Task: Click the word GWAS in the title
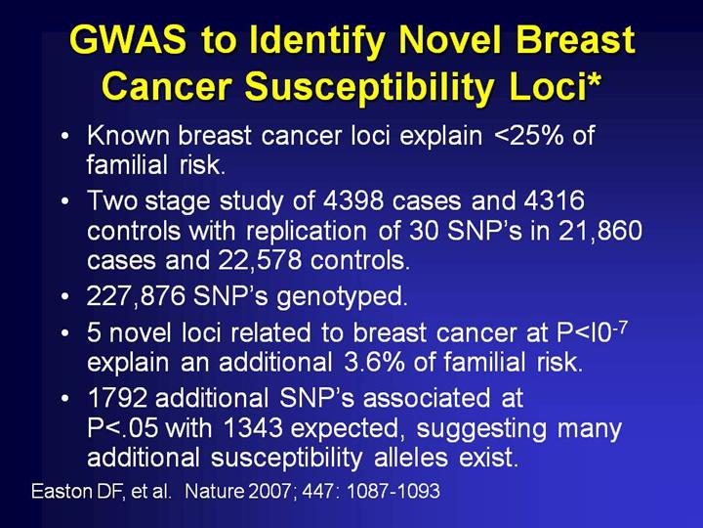[127, 39]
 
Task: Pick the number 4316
[555, 200]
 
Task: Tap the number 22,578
[260, 261]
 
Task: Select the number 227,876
[136, 296]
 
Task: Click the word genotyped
[342, 297]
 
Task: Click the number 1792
[117, 398]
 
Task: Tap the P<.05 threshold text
[122, 428]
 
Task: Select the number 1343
[253, 428]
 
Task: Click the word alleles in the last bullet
[411, 458]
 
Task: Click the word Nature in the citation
[215, 492]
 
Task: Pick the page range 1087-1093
[393, 492]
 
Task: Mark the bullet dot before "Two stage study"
[65, 200]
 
